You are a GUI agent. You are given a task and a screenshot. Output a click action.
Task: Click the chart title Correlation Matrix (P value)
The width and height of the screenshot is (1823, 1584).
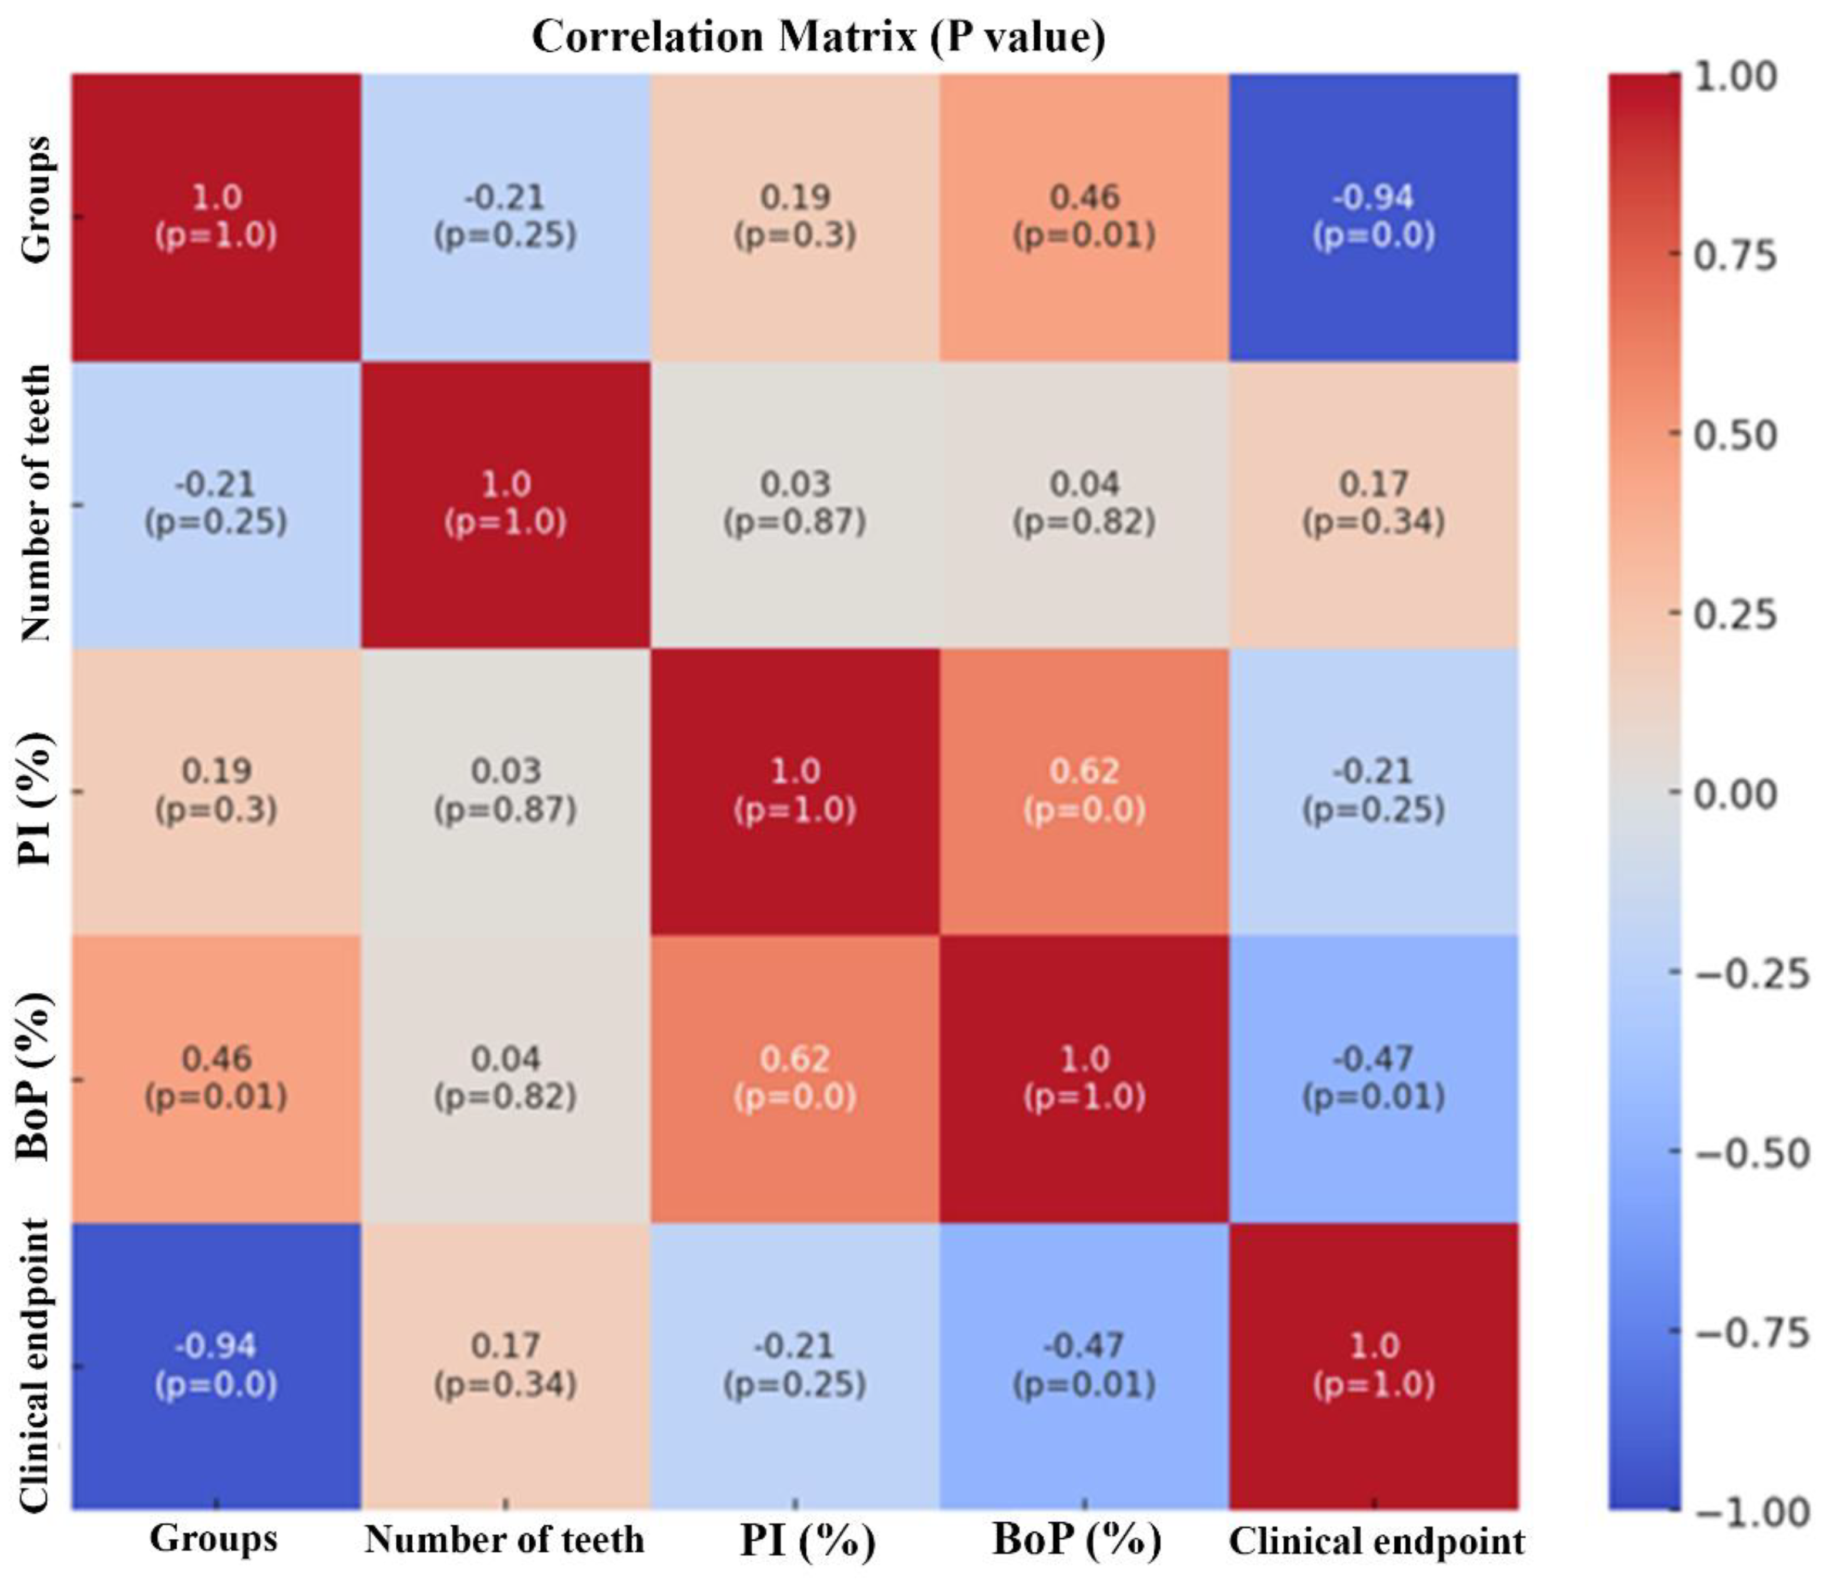click(x=818, y=37)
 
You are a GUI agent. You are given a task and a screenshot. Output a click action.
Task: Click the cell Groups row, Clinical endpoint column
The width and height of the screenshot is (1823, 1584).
click(x=1374, y=217)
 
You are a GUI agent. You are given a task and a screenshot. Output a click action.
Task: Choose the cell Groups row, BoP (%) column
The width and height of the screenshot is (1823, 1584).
click(x=1084, y=217)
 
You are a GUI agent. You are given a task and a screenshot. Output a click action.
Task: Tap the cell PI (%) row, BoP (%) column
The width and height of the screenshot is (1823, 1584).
click(x=1084, y=791)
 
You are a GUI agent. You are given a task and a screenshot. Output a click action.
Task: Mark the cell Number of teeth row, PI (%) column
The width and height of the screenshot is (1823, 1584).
click(x=795, y=504)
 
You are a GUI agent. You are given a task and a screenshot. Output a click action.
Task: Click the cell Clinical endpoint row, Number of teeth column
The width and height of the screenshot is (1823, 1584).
click(x=505, y=1366)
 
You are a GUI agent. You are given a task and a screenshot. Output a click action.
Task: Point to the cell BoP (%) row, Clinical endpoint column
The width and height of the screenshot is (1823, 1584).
click(x=1374, y=1079)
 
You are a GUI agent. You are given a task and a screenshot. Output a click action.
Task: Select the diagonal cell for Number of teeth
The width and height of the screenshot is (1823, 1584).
click(x=505, y=504)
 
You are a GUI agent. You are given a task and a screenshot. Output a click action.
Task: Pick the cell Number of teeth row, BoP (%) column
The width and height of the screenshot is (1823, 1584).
click(x=1084, y=504)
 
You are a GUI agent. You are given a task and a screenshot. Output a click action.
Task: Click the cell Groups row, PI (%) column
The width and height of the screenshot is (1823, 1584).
click(x=795, y=217)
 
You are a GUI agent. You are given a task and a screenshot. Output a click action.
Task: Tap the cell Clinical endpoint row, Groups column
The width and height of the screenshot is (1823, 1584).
click(x=216, y=1366)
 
